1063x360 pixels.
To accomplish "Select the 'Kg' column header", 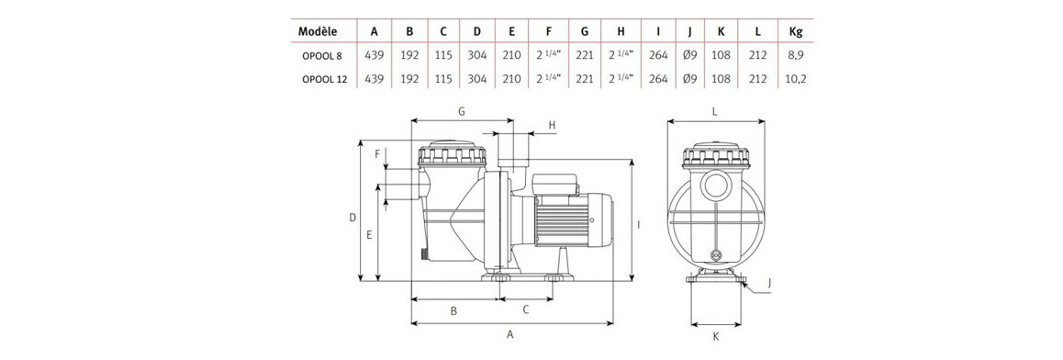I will tap(796, 31).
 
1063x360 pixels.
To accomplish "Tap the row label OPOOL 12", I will tap(323, 80).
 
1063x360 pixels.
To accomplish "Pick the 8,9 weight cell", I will tap(796, 56).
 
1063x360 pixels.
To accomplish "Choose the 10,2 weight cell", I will tap(796, 80).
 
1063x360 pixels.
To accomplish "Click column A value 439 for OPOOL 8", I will tap(375, 56).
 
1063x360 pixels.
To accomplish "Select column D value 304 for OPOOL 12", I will tap(476, 80).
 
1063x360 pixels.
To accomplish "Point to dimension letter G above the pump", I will tap(461, 111).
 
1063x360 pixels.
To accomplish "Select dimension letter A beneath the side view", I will tap(510, 336).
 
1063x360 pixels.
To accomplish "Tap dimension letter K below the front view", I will tap(715, 337).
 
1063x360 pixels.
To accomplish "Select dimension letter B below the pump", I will tap(453, 310).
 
